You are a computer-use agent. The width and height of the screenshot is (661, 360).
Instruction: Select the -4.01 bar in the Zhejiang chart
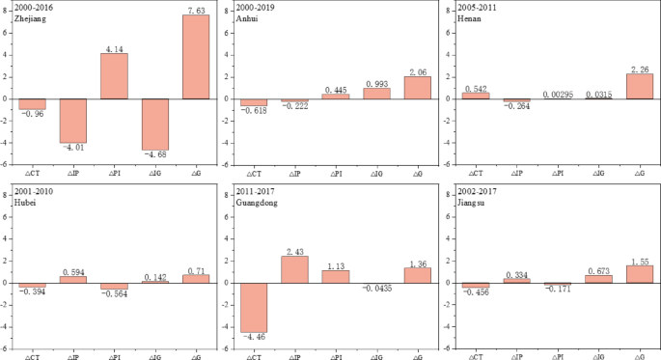[73, 121]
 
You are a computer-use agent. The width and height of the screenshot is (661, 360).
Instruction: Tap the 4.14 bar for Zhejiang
[114, 75]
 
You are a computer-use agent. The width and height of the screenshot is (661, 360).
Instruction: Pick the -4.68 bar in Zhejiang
[154, 124]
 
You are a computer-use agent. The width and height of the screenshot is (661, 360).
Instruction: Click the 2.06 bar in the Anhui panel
[418, 87]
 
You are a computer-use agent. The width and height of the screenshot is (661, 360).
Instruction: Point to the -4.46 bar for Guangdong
[253, 307]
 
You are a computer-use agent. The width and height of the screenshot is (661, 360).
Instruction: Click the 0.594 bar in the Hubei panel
[73, 279]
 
